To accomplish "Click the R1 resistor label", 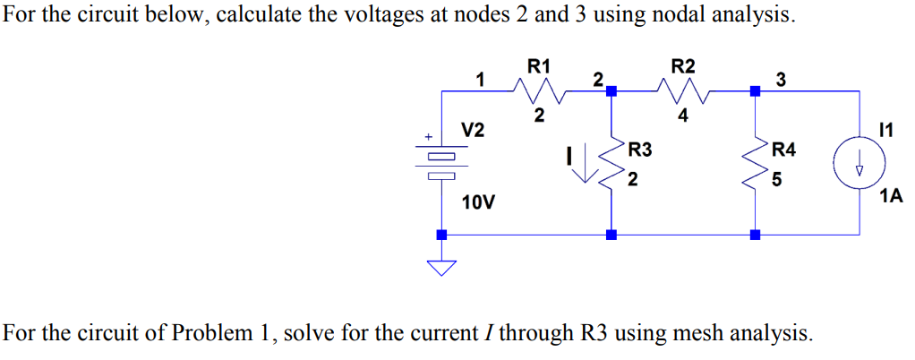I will (x=538, y=65).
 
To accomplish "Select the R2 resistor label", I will (x=683, y=65).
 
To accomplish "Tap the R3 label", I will (x=640, y=149).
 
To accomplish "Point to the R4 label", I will (x=782, y=149).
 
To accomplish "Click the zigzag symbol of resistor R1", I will (x=538, y=90).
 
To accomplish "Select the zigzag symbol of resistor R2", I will (x=683, y=90).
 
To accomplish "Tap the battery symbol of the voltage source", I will (x=440, y=164).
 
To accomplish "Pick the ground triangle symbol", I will (x=440, y=268).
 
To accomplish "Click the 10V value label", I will (x=478, y=202).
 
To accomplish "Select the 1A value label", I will (x=891, y=196).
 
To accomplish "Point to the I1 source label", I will (x=887, y=132).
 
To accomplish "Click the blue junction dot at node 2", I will (x=611, y=90).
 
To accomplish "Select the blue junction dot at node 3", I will (x=755, y=90).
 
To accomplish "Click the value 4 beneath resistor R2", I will (x=683, y=115).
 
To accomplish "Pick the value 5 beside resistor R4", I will (x=776, y=180).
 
